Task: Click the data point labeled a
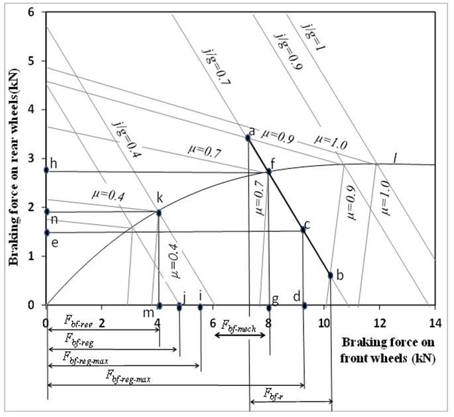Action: click(x=248, y=138)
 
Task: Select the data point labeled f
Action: click(x=268, y=172)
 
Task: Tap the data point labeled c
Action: click(x=303, y=229)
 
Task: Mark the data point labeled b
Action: click(x=330, y=275)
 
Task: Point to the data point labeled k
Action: click(x=158, y=213)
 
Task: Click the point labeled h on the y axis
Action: click(x=46, y=170)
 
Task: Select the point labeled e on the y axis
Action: click(x=46, y=233)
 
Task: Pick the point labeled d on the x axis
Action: click(x=304, y=306)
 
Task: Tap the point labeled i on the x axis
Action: click(x=200, y=307)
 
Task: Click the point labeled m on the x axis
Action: click(x=159, y=306)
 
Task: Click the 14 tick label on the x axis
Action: click(x=435, y=323)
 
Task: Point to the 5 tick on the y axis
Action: click(x=38, y=61)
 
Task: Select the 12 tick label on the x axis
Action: click(x=380, y=323)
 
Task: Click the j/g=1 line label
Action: click(x=313, y=37)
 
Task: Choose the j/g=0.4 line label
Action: click(x=127, y=140)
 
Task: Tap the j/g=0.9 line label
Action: click(x=288, y=52)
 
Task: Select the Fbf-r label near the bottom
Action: click(x=273, y=394)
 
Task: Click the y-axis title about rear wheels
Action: click(x=13, y=167)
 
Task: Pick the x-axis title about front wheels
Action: click(x=388, y=350)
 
